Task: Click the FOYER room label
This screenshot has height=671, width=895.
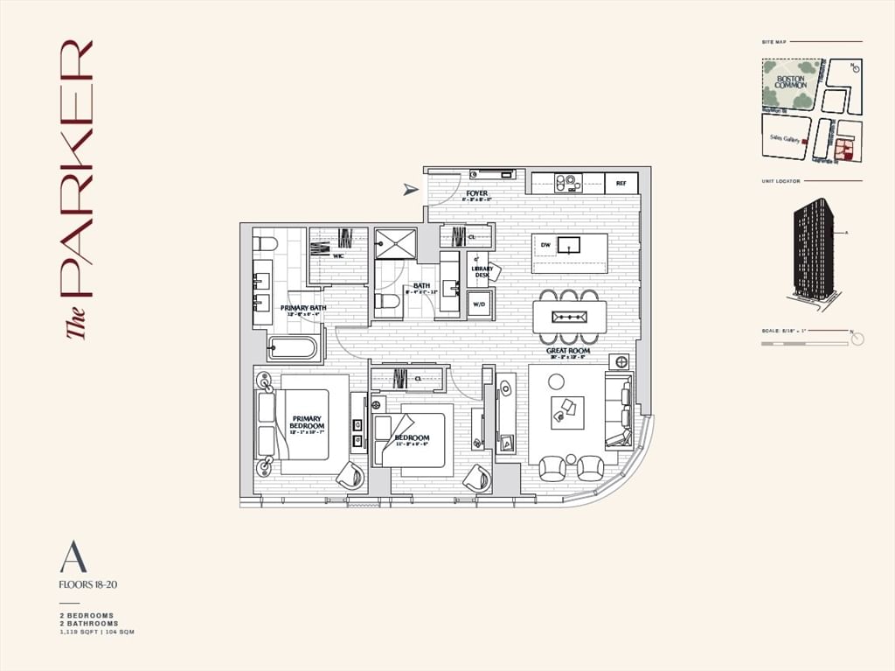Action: [x=477, y=193]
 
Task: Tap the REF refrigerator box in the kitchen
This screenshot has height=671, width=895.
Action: [x=621, y=184]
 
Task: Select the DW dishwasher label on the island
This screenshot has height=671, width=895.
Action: [x=545, y=245]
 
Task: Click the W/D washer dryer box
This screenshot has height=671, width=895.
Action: [x=479, y=305]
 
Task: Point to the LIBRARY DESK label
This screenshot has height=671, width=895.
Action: [x=481, y=272]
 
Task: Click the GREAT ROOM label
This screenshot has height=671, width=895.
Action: [x=568, y=351]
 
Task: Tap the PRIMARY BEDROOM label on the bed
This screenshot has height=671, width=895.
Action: [x=307, y=423]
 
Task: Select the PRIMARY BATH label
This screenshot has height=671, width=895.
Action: [x=303, y=308]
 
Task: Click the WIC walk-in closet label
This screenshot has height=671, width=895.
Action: [x=337, y=256]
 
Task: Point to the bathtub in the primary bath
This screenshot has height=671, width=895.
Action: [x=293, y=348]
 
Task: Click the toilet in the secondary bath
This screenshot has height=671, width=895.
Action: [x=387, y=302]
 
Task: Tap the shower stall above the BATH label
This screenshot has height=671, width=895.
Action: [x=395, y=243]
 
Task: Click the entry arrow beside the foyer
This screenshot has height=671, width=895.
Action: [x=410, y=189]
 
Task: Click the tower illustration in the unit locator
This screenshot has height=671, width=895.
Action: [x=812, y=249]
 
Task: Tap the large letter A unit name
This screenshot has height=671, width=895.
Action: [x=73, y=557]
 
